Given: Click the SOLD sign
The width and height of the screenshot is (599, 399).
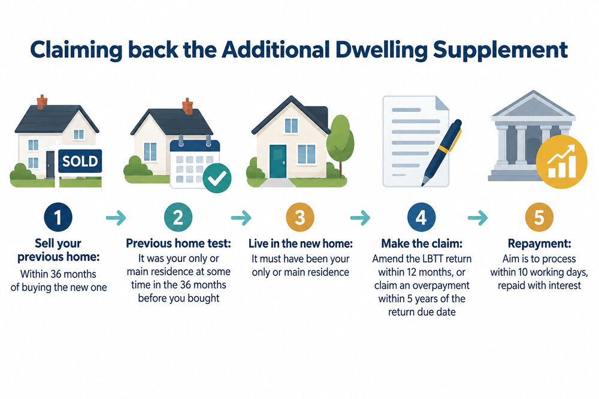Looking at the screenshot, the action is tap(80, 161).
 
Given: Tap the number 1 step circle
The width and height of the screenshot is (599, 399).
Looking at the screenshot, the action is tap(58, 217).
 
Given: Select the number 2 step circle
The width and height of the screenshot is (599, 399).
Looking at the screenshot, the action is tap(179, 217).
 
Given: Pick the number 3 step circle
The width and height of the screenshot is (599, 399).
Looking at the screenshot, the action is tap(300, 217).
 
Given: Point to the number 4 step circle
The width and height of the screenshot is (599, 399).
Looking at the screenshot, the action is tap(421, 217).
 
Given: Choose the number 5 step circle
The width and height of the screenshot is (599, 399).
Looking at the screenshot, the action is tap(539, 217).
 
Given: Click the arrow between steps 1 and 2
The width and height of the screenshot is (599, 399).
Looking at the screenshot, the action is tap(116, 218).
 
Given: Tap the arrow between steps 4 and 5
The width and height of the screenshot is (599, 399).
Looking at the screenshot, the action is tap(478, 218).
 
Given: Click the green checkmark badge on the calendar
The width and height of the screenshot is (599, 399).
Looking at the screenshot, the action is tap(217, 178).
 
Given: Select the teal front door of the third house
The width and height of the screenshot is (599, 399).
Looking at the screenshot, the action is tap(277, 161).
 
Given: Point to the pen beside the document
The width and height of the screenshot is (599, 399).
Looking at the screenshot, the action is tap(442, 153).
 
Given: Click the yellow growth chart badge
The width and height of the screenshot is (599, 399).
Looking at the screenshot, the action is tap(561, 162).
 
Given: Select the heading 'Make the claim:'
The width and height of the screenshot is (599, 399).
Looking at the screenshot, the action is tap(422, 243).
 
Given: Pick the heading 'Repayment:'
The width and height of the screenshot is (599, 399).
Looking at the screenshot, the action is tap(540, 243).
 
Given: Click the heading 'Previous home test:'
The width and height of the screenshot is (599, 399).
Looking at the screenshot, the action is tap(179, 243).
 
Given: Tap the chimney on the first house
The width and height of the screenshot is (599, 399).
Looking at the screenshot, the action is tap(42, 102).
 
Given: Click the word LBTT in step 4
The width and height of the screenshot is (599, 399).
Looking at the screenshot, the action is tap(433, 259).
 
